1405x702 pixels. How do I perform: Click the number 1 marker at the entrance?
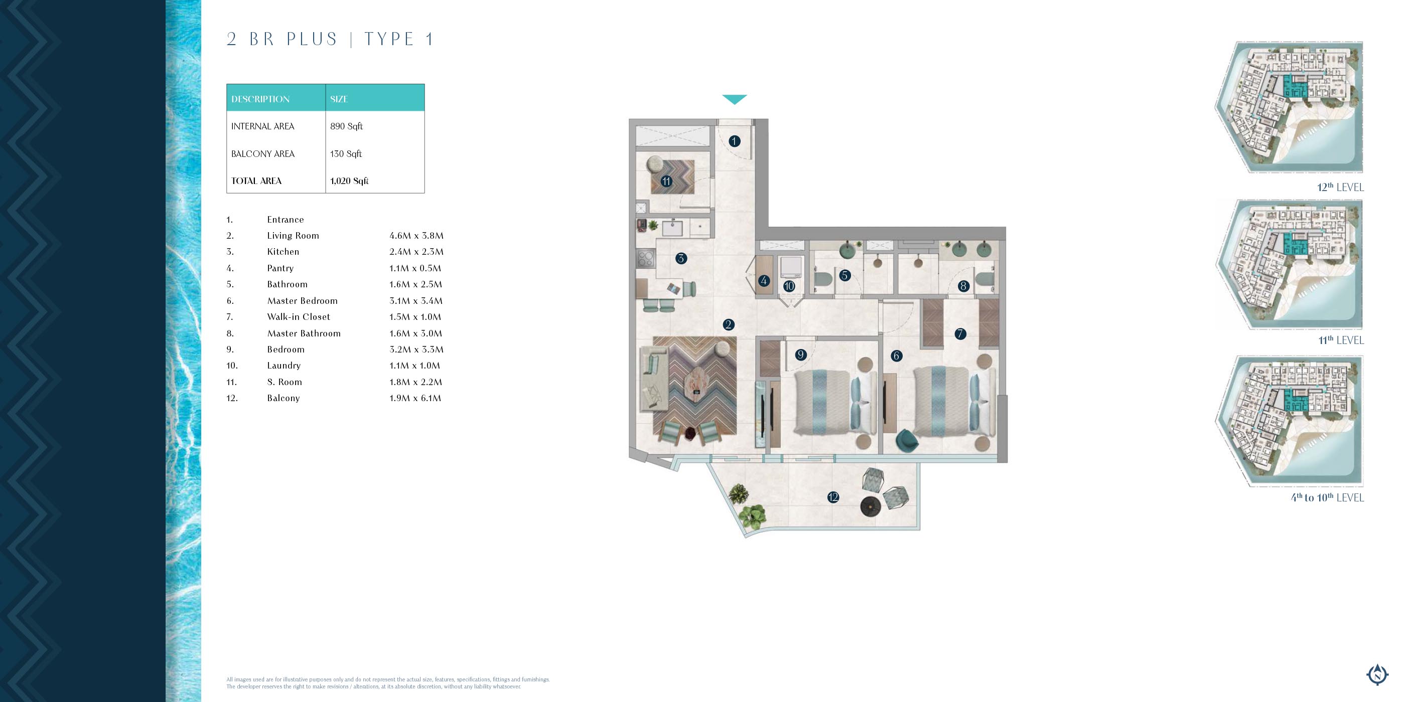[734, 141]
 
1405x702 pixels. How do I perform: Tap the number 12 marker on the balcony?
[833, 497]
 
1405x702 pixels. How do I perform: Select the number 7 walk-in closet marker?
[960, 334]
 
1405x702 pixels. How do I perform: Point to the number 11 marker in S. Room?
[666, 181]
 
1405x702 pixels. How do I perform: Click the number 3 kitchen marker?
[681, 258]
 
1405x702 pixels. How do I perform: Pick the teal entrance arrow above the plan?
[734, 99]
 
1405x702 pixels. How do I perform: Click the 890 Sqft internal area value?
[346, 126]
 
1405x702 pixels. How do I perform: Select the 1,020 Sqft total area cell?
[349, 181]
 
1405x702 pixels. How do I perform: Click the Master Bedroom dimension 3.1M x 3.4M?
[416, 301]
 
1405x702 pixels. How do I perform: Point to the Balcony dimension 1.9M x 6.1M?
[415, 398]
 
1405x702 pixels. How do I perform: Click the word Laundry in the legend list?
[284, 366]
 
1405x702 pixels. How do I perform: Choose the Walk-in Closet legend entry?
[299, 317]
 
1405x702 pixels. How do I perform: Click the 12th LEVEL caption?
[1340, 187]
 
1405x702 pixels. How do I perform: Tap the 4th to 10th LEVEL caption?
[1327, 497]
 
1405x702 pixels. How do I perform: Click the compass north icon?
[1377, 675]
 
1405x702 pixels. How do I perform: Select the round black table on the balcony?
[871, 506]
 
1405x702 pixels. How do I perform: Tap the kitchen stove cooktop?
[646, 258]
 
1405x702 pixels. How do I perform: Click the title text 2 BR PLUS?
[282, 39]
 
